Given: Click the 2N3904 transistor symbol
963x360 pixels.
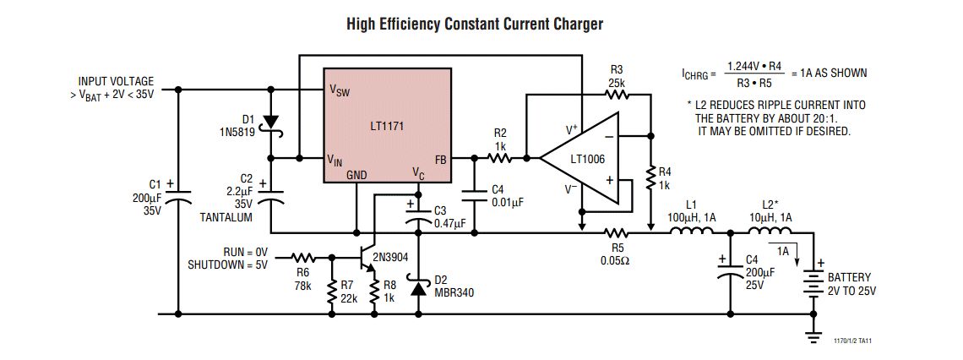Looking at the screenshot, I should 367,257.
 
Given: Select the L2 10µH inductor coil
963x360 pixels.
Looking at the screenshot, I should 764,232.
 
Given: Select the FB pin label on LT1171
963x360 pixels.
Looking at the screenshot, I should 440,158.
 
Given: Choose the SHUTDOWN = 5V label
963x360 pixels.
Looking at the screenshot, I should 227,264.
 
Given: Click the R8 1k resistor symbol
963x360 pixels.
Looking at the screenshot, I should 374,292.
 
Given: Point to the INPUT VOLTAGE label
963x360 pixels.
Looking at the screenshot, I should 117,81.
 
